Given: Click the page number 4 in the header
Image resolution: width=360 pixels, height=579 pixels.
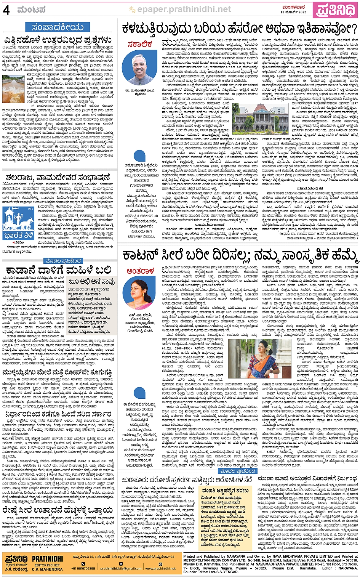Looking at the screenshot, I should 6,10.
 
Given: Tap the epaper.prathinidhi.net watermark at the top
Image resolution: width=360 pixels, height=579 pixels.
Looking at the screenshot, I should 184,10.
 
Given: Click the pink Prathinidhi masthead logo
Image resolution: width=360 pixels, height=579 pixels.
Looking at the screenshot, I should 336,10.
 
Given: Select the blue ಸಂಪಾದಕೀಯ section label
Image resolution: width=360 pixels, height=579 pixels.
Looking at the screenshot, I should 58,27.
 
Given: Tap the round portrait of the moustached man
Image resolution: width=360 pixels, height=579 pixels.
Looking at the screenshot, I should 140,69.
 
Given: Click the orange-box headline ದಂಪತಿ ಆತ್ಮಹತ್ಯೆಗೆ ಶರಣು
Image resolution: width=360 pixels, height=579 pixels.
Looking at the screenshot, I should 227,491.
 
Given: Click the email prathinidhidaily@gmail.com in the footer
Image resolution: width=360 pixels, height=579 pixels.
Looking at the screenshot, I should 121,568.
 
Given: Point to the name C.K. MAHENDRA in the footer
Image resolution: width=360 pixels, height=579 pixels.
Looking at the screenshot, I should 45,569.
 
